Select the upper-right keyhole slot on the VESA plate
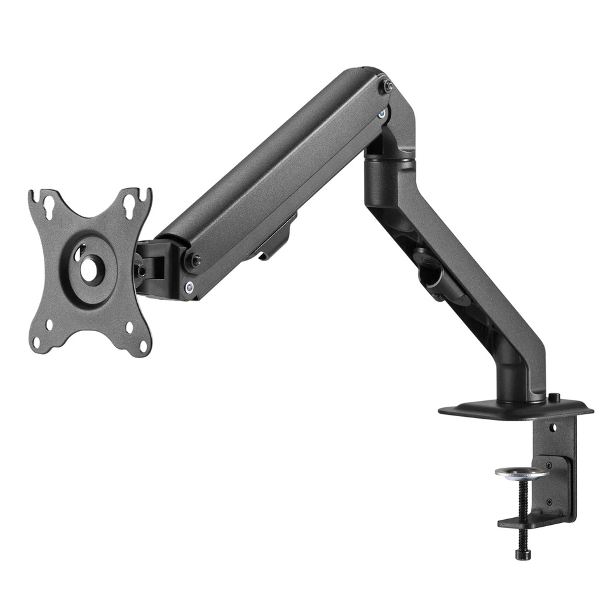(x=130, y=203)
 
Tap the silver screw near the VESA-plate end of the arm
(x=188, y=287)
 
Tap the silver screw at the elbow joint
(x=381, y=114)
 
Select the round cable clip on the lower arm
(x=427, y=273)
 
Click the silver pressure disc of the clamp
(x=521, y=473)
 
